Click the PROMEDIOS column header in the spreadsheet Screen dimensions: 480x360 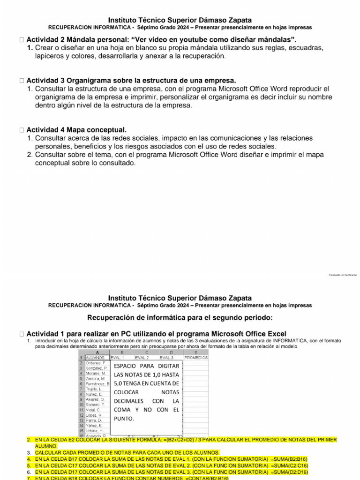[196, 358]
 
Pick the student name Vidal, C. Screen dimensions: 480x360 [93, 410]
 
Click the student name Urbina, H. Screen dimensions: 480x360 [94, 430]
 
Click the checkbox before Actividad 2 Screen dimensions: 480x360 [22, 38]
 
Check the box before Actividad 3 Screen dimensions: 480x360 [22, 81]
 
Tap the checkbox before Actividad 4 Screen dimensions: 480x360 [22, 129]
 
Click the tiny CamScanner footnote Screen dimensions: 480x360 [343, 275]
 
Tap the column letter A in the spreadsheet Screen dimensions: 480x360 [97, 352]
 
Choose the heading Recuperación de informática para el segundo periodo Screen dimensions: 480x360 [180, 318]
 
